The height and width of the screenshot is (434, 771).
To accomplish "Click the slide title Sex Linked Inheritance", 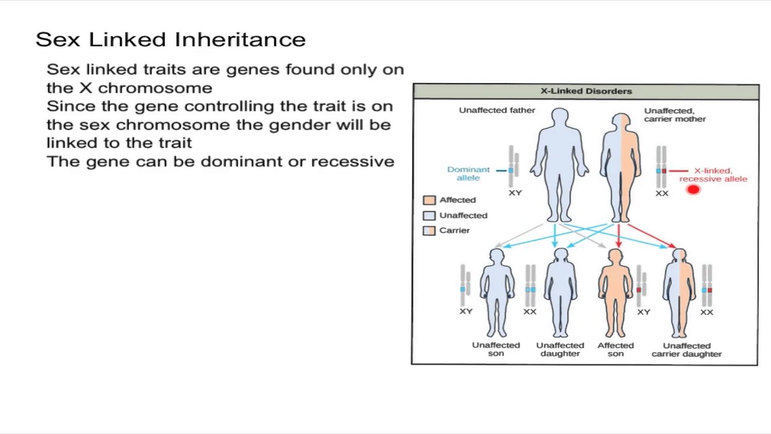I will [170, 40].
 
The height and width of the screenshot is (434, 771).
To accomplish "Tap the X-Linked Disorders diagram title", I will [585, 92].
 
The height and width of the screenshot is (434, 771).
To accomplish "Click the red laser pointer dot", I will [693, 190].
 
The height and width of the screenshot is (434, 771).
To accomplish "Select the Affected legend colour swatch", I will [429, 200].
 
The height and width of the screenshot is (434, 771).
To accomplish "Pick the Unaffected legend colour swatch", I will [429, 215].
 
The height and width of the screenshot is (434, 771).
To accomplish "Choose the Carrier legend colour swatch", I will [429, 230].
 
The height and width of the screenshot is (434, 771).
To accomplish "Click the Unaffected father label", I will [497, 110].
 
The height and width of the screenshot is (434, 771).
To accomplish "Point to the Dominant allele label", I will [468, 174].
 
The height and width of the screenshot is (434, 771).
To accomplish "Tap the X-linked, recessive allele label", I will [713, 175].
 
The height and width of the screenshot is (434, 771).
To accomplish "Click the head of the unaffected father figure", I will [560, 118].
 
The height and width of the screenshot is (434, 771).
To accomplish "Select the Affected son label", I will [616, 350].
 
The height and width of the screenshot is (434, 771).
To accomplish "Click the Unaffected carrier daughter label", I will [687, 350].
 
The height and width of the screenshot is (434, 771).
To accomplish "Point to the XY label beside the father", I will [515, 193].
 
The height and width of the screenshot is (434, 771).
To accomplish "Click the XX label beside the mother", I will [662, 193].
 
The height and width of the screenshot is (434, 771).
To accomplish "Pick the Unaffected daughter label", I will [560, 350].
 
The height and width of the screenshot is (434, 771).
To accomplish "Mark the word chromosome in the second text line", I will [155, 88].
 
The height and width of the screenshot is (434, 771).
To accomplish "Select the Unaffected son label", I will [496, 350].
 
